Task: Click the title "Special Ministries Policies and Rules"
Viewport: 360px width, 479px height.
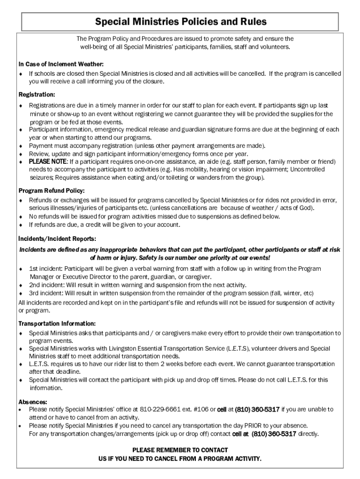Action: click(x=181, y=22)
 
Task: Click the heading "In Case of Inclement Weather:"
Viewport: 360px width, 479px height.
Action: click(x=61, y=64)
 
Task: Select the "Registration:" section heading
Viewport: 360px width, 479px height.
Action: click(x=37, y=94)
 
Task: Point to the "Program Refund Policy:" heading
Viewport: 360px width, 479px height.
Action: click(x=51, y=190)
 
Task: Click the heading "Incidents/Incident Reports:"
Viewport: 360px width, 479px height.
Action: click(x=58, y=238)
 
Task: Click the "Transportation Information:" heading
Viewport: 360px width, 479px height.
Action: click(x=57, y=323)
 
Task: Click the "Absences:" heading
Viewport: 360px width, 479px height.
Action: click(x=33, y=402)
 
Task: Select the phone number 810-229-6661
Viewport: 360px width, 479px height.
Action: click(x=160, y=409)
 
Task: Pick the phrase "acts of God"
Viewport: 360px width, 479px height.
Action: click(x=296, y=208)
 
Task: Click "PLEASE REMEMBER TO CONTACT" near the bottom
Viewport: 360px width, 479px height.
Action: click(x=180, y=450)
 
